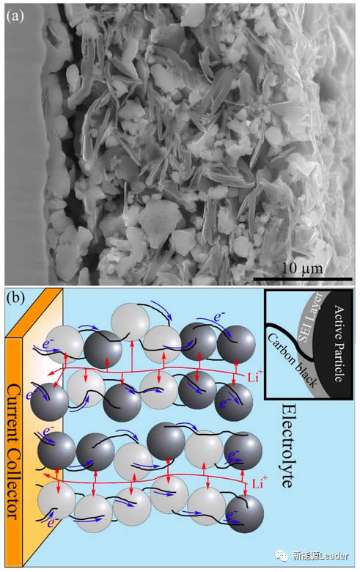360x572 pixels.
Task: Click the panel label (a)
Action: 15,16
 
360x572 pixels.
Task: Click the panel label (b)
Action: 15,298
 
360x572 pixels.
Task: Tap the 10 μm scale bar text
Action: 303,268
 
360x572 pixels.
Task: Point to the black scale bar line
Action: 302,279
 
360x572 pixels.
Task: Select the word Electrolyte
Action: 287,446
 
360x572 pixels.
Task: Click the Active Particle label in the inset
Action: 339,344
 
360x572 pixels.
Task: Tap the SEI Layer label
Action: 311,317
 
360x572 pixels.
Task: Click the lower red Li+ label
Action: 260,483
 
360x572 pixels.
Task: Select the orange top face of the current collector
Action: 34,313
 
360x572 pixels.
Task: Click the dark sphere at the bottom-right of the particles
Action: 244,513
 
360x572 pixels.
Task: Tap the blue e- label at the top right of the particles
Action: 218,317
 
